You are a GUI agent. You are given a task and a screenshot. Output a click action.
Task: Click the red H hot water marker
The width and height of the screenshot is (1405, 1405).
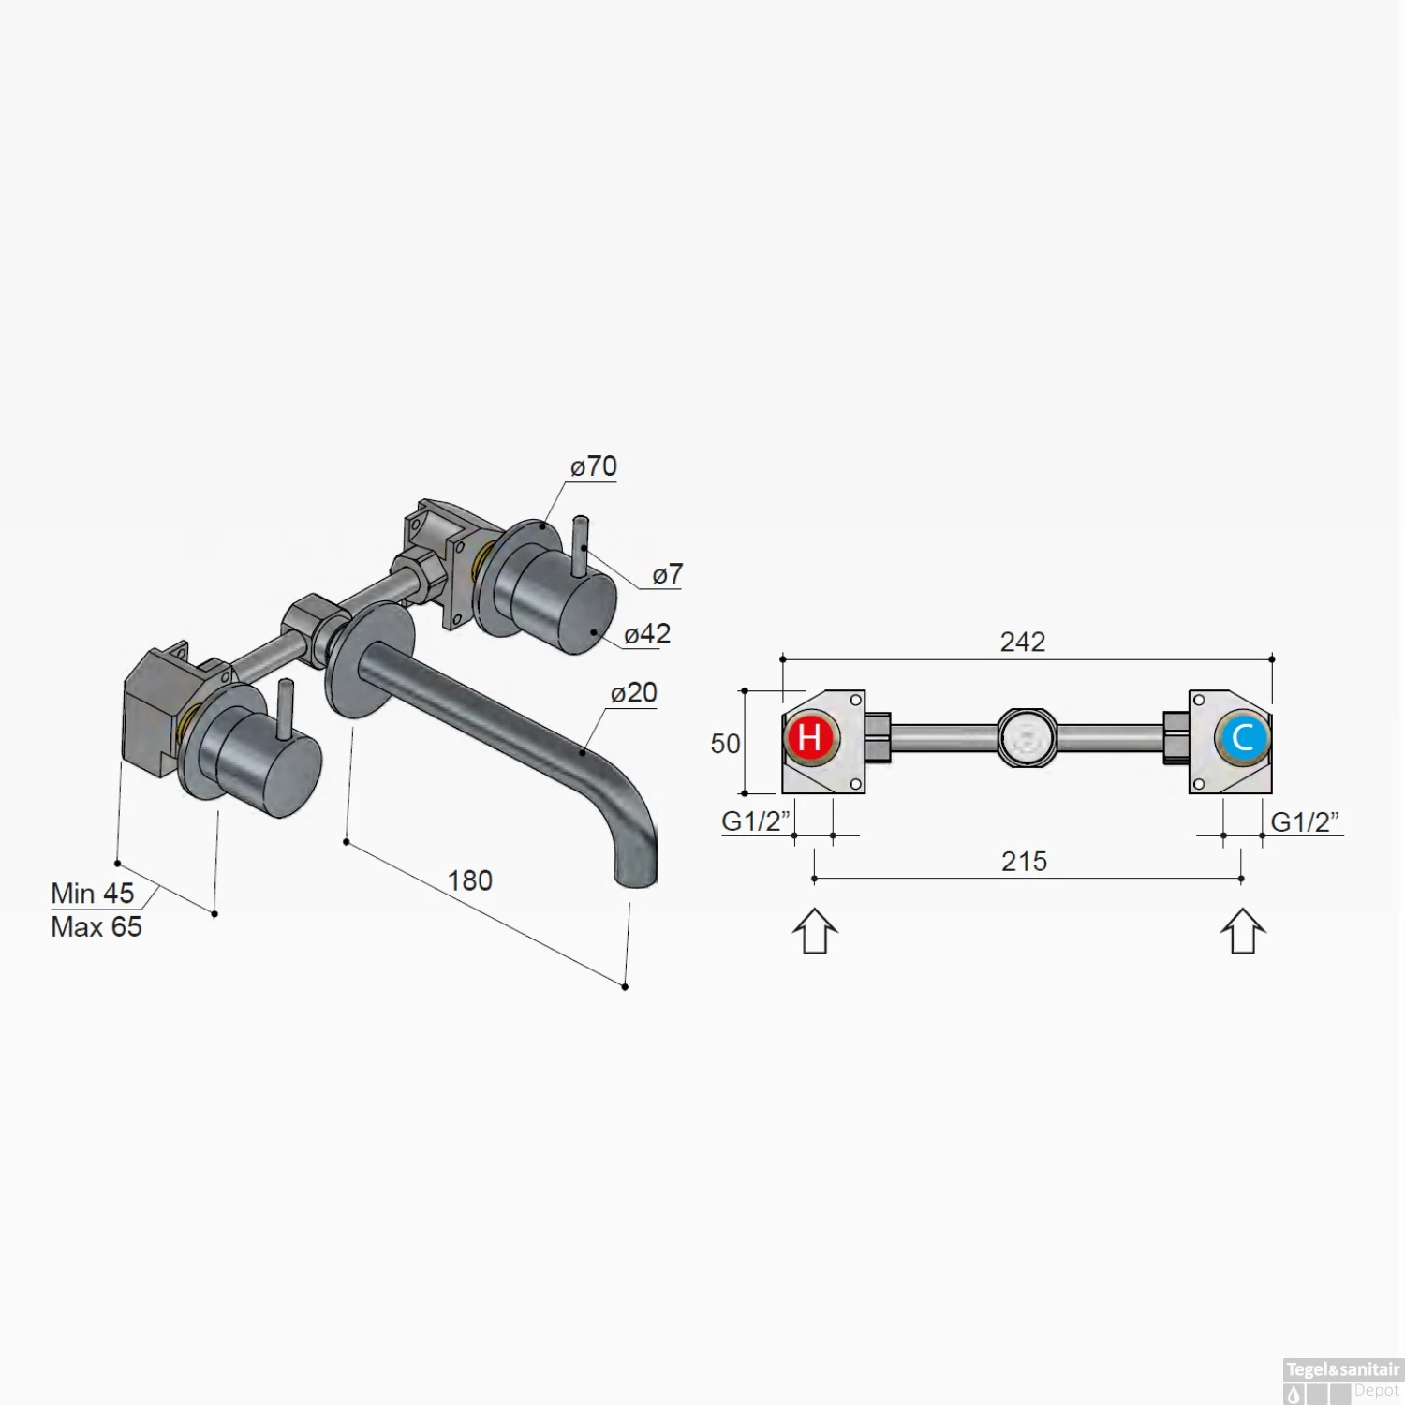(810, 737)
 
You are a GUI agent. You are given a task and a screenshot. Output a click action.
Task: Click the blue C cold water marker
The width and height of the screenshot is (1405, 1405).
(1243, 737)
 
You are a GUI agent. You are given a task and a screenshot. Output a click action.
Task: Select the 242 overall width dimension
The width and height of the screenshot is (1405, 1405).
(1022, 642)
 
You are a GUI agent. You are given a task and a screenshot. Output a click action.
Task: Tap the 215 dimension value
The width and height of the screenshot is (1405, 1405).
(1024, 862)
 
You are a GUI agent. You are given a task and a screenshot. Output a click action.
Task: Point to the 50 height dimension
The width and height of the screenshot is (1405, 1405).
(725, 744)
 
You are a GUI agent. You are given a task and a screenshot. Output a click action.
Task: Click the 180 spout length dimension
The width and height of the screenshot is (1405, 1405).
(469, 880)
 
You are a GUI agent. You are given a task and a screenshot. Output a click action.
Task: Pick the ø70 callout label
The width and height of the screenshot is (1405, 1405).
(594, 466)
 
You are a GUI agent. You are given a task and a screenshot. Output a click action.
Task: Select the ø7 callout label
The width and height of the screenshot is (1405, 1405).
(668, 574)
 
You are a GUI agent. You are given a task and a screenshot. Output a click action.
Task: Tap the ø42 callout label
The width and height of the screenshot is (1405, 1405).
(647, 634)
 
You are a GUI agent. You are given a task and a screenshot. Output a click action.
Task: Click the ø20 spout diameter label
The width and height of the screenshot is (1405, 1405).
(634, 693)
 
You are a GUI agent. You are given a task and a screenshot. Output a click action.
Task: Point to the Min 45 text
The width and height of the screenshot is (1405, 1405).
(93, 894)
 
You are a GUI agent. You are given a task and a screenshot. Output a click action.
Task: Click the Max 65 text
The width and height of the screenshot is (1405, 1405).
(96, 927)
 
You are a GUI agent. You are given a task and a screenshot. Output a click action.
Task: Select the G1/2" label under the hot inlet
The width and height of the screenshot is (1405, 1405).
(755, 821)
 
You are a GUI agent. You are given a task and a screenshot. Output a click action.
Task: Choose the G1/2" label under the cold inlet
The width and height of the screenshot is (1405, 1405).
(1305, 822)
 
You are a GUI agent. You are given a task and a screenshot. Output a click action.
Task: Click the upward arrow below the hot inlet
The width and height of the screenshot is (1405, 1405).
(815, 931)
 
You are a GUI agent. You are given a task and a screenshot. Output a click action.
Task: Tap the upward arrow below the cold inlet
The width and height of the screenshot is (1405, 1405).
(1243, 931)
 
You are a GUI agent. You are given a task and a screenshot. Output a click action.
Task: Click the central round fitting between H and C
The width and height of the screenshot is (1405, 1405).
(1027, 738)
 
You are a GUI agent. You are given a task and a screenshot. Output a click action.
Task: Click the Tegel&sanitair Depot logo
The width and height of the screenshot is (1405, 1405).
(1342, 1381)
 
